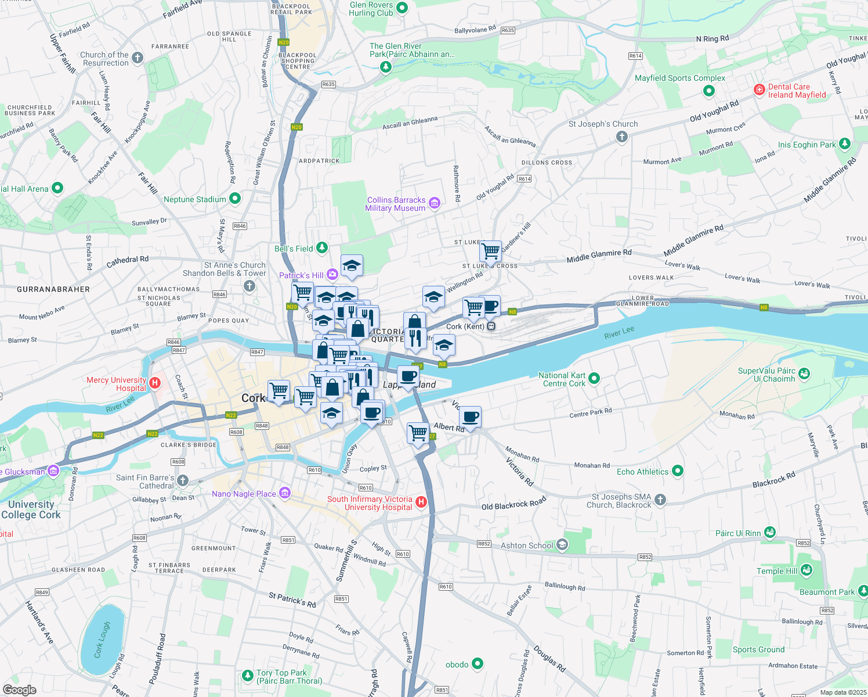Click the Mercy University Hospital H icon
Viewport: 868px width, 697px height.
[155, 383]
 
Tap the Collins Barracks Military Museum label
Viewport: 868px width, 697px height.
[396, 204]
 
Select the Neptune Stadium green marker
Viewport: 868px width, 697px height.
[235, 199]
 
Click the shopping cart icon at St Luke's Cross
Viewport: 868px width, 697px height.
[491, 252]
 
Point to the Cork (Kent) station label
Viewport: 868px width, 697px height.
[465, 326]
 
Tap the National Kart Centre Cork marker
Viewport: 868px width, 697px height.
[594, 379]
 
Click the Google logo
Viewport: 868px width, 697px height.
[19, 690]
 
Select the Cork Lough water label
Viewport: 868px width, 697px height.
[102, 639]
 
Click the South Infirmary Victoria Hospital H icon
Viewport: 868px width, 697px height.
[422, 502]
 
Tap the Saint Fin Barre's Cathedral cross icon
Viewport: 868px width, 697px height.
[183, 480]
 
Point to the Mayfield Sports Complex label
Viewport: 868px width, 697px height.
[679, 78]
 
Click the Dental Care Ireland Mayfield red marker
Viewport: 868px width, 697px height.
[759, 89]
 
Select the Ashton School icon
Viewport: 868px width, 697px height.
[562, 545]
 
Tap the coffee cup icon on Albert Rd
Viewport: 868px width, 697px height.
[471, 417]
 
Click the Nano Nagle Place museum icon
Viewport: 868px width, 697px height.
[285, 493]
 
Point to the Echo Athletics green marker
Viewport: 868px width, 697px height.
[677, 471]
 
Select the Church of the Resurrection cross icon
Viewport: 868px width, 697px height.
[138, 58]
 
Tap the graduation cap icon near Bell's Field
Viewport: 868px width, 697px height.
[352, 266]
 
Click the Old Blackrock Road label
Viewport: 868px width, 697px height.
[513, 503]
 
